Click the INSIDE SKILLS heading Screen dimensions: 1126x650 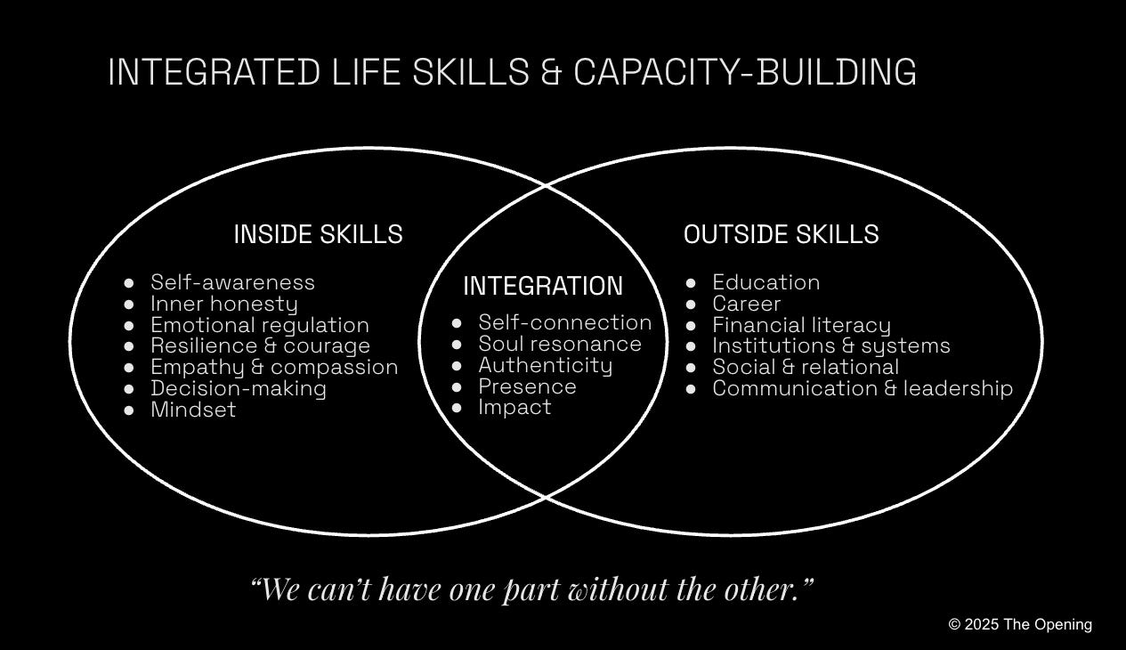coord(318,234)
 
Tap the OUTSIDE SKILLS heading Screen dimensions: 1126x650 coord(781,234)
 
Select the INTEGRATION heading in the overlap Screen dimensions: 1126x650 coord(543,286)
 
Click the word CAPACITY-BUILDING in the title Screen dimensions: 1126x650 coord(745,72)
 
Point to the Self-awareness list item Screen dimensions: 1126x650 coord(232,282)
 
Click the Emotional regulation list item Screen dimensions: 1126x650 coord(259,325)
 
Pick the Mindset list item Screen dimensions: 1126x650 coord(193,410)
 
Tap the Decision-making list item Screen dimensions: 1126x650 coord(238,388)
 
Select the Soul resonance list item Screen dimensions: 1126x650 coord(559,344)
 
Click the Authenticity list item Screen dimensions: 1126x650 coord(545,365)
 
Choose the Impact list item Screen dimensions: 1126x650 coord(514,407)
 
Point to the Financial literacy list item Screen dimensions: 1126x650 coord(801,325)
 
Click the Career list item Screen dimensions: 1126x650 coord(746,304)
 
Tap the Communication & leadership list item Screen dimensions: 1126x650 coord(862,388)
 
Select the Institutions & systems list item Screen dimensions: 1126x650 coord(830,345)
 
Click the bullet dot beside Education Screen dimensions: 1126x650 coord(692,283)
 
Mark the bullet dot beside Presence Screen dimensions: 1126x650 coord(458,387)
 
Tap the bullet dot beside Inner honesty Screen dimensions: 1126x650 coord(129,305)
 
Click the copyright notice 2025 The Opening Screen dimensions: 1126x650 coord(1020,624)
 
